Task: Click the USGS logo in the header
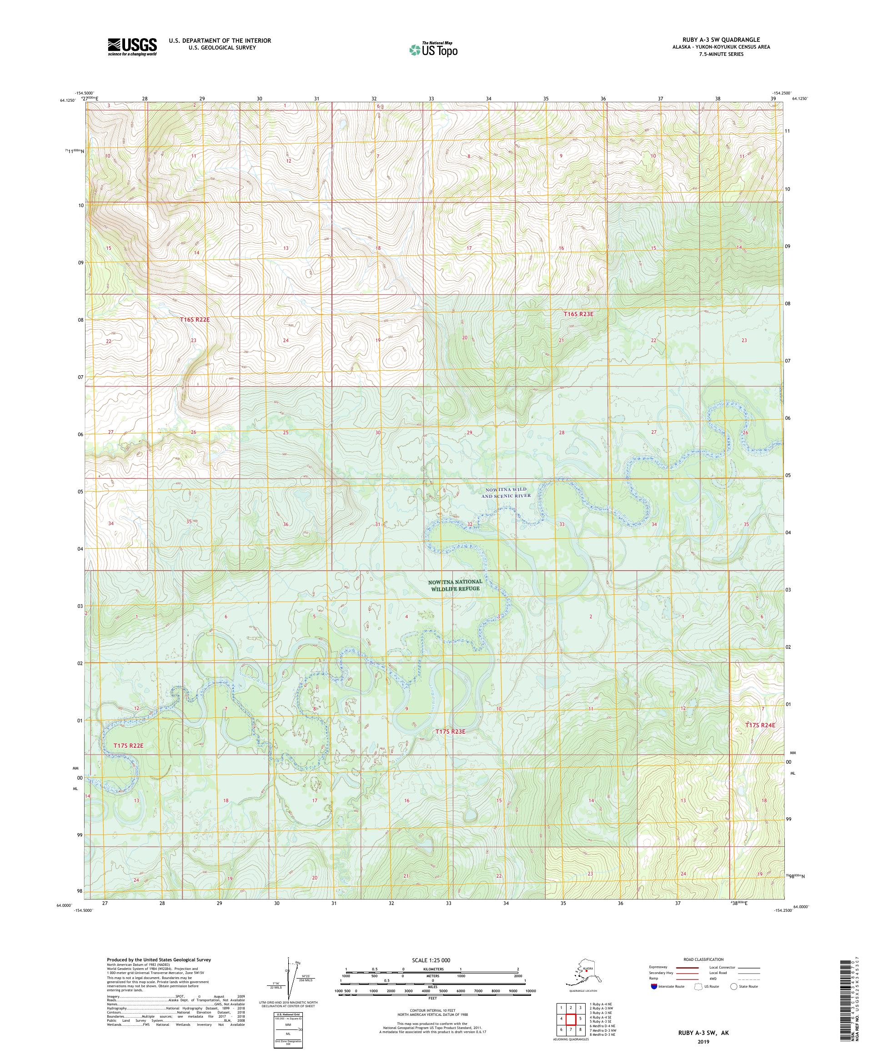click(x=131, y=47)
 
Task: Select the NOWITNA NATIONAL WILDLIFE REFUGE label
click(x=455, y=585)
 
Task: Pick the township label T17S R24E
click(x=760, y=725)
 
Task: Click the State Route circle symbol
click(x=734, y=986)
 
